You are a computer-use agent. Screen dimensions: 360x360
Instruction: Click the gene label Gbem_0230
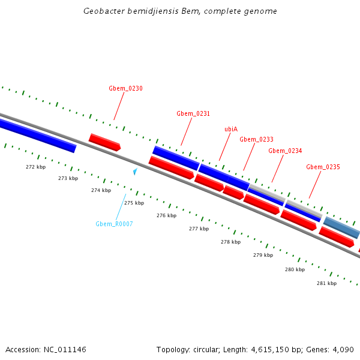point(125,88)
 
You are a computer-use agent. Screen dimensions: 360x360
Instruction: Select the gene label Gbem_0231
point(193,113)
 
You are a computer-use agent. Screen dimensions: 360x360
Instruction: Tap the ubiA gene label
point(231,129)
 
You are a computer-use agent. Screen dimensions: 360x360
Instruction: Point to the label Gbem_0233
point(256,139)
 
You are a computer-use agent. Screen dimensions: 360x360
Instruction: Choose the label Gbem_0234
point(285,151)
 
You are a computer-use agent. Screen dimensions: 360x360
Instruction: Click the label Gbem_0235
point(323,167)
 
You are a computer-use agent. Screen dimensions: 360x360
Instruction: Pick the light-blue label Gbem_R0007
point(114,224)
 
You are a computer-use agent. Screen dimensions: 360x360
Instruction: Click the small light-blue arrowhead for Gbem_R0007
point(135,172)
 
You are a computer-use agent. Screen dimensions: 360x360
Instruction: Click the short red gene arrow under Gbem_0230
point(104,142)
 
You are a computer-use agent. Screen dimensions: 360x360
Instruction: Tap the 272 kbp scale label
point(35,167)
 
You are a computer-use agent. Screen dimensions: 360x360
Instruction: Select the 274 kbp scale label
point(101,190)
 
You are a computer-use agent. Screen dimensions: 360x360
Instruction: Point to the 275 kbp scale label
point(134,203)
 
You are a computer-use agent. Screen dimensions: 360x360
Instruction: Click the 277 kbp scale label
point(199,229)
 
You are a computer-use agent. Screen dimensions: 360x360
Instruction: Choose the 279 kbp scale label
point(263,255)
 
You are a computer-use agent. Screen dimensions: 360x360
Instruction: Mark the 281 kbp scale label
point(326,283)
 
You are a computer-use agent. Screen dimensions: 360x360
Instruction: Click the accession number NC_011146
point(64,349)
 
